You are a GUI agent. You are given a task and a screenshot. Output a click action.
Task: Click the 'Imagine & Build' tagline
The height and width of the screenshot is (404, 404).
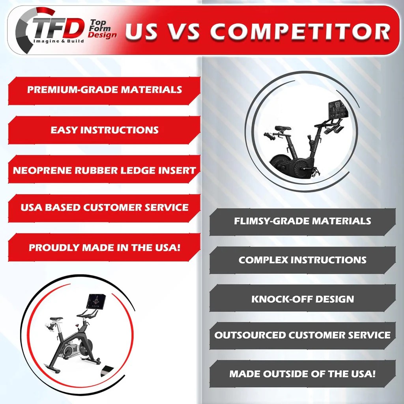coord(58,41)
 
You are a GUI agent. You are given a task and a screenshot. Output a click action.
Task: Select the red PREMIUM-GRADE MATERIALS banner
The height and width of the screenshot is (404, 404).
coord(104,90)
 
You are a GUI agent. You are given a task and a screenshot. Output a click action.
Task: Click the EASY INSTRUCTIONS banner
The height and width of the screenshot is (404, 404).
coord(104,130)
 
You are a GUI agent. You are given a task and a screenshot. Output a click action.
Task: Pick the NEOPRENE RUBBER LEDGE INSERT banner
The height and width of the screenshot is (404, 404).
coord(104,170)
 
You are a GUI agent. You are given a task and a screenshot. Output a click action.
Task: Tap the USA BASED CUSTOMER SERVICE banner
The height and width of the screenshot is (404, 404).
coord(104,208)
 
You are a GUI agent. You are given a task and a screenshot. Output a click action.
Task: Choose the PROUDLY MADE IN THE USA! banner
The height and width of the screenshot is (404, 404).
coord(104,248)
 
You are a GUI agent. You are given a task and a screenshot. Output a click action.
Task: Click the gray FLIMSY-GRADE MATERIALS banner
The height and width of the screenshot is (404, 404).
coord(302,221)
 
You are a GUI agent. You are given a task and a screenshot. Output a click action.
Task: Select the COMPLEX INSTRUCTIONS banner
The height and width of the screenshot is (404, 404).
coord(302,260)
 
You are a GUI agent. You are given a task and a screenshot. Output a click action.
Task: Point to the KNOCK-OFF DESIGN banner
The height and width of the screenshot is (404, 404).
coord(302,299)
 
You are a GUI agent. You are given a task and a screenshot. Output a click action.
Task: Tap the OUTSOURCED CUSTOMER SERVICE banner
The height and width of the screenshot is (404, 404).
coord(302,335)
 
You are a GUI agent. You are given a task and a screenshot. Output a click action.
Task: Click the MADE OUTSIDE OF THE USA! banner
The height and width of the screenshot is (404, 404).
coord(302,374)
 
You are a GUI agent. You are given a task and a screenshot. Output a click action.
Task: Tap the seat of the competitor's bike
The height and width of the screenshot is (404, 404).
coord(283,129)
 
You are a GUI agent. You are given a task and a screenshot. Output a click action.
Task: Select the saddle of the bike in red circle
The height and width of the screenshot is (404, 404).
coord(56,318)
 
